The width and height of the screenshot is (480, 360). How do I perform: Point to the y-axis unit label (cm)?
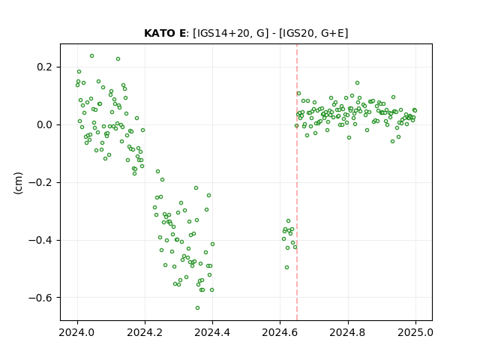click(x=18, y=183)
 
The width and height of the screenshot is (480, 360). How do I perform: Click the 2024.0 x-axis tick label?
click(x=77, y=332)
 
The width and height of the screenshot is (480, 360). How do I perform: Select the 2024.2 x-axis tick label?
click(x=145, y=332)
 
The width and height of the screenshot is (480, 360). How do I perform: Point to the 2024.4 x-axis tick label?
click(x=212, y=332)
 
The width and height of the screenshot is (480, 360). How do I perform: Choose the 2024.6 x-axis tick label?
click(x=280, y=332)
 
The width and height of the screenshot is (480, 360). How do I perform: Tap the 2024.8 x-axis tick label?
click(x=347, y=332)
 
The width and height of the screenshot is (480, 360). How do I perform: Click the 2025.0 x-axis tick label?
click(x=415, y=332)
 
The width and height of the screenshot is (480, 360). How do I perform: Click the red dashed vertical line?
click(x=297, y=182)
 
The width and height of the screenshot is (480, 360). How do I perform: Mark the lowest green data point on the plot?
click(x=198, y=307)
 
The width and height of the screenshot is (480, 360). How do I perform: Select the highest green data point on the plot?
click(x=91, y=56)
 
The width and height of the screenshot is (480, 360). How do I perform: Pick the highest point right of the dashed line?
click(x=357, y=83)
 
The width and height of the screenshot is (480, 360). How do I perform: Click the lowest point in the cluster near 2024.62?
click(x=286, y=267)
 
